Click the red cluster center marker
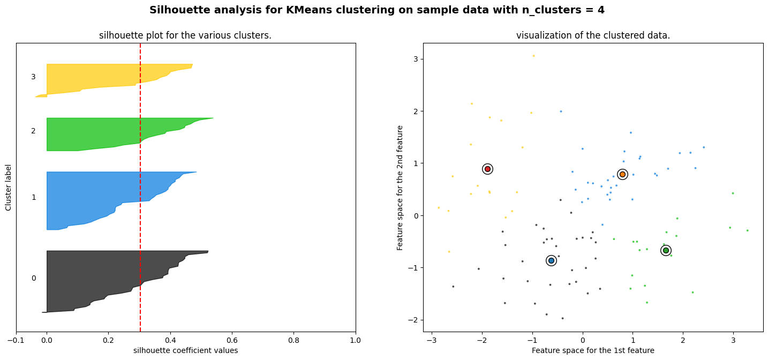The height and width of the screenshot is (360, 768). [487, 169]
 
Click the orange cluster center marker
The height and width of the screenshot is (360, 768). [622, 174]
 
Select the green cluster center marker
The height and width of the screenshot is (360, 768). [666, 250]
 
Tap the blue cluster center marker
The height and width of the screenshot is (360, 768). [551, 260]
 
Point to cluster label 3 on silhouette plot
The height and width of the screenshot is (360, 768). [33, 77]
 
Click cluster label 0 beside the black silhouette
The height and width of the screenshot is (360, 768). [34, 278]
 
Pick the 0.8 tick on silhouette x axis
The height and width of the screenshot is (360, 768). [293, 340]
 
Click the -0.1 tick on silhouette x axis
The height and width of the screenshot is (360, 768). [16, 340]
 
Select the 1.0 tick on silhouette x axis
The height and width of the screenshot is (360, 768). [356, 340]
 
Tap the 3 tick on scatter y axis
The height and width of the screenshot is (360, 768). [416, 59]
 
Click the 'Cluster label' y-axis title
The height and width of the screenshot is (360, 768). [9, 187]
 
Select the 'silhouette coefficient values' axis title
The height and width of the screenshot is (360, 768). [185, 350]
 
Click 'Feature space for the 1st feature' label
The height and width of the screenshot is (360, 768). [593, 350]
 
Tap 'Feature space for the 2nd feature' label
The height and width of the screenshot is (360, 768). [400, 187]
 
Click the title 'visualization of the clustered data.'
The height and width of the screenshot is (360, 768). [593, 36]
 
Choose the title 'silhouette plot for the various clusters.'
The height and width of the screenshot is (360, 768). [185, 36]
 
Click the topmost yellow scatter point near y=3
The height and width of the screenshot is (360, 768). [533, 56]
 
